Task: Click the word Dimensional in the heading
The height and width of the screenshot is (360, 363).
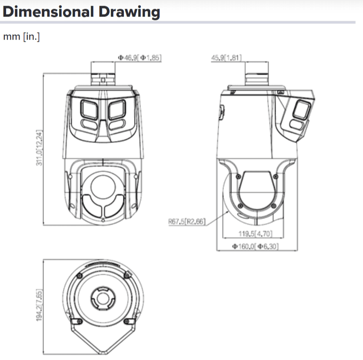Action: click(x=48, y=12)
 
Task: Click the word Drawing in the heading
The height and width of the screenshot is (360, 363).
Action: click(x=130, y=12)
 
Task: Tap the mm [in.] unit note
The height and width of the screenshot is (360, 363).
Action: click(x=21, y=37)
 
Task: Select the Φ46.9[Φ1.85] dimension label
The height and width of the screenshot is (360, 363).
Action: click(x=140, y=57)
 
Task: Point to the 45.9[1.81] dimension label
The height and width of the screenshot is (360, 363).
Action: click(x=226, y=58)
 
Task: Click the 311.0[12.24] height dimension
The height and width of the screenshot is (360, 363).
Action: click(x=40, y=148)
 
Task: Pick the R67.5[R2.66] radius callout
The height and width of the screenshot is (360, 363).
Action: click(x=187, y=222)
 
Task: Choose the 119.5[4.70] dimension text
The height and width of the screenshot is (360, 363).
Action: click(x=255, y=233)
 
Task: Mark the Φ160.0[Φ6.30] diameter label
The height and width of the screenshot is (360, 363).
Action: click(x=255, y=247)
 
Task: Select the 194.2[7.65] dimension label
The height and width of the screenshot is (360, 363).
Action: click(x=40, y=305)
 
